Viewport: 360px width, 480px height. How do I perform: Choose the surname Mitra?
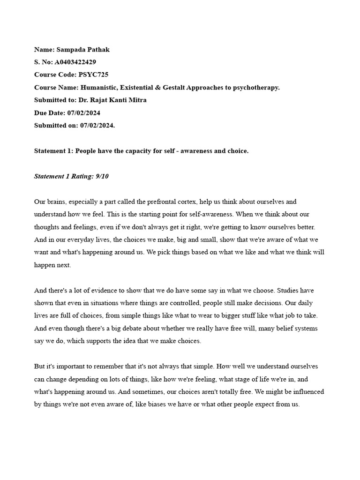coord(137,100)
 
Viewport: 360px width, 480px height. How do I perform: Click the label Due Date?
coord(49,112)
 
